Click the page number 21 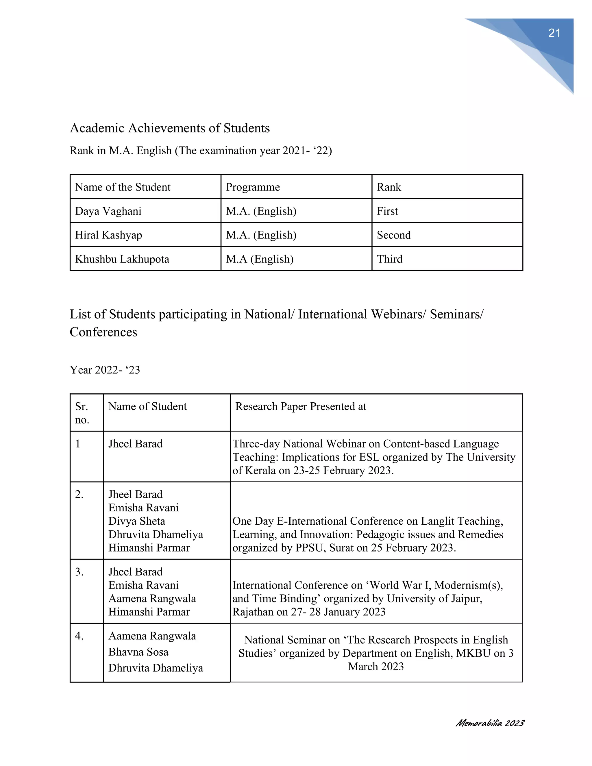[554, 33]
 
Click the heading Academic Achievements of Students [170, 128]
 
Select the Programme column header [253, 187]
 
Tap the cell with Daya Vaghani [108, 211]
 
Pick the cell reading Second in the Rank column [393, 235]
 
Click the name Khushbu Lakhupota [122, 259]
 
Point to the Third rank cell [389, 259]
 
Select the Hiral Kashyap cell [108, 235]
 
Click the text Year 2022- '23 [105, 370]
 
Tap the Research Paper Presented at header [301, 406]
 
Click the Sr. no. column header [82, 413]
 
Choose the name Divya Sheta [136, 521]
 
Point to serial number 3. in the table [79, 572]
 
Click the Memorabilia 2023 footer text [490, 723]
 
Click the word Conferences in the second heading [103, 332]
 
